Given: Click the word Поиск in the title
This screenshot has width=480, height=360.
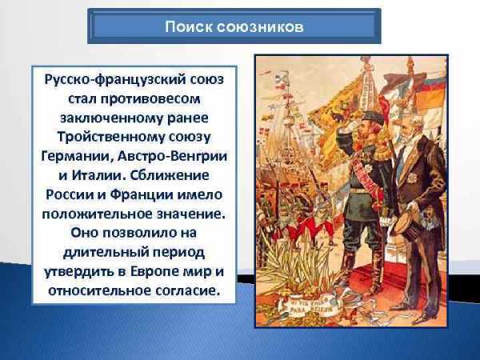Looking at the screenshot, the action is point(189,26).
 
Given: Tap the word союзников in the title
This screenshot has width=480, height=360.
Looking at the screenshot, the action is point(261,27).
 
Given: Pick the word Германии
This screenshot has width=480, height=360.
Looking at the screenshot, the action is point(75,157).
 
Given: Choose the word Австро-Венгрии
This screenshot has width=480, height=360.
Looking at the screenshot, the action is point(172,156).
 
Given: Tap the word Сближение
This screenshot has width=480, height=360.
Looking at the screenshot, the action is point(170,175).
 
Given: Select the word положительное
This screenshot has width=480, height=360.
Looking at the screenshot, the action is point(98,214).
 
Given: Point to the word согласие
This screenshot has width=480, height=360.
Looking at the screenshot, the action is point(188,291).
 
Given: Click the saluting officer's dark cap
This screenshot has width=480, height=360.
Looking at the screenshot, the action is point(371,118).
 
